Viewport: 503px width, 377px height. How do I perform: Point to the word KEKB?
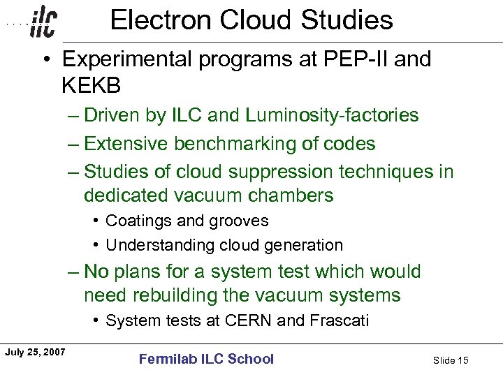coord(92,86)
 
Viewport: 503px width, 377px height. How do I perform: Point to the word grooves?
coord(239,221)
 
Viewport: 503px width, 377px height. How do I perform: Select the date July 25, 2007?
coord(35,352)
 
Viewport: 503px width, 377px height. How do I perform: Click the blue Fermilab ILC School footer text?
coord(206,359)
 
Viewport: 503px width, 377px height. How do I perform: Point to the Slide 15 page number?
coord(451,360)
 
